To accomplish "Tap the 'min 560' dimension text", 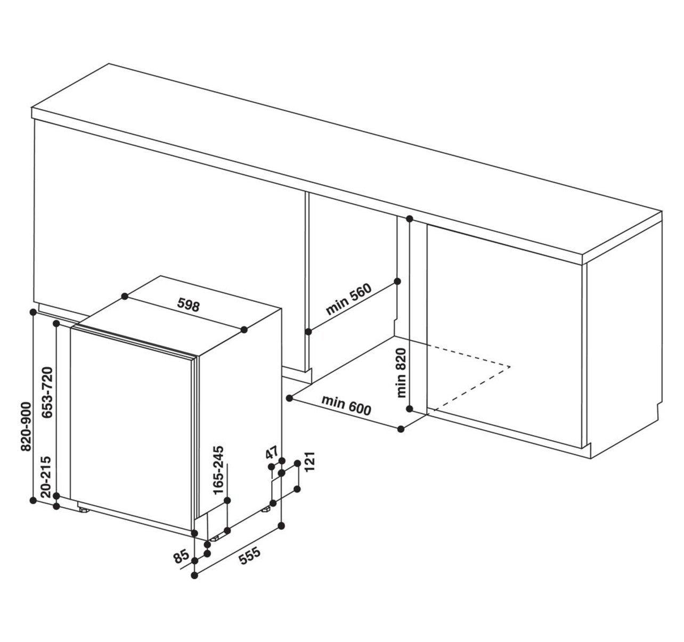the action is point(349,299).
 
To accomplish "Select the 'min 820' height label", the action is point(402,373).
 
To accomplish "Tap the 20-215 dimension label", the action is point(46,477).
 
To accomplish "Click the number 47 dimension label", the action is point(272,452).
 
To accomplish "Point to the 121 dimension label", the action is point(310,462).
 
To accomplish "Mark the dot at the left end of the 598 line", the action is point(125,296).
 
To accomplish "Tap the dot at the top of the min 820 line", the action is point(410,218).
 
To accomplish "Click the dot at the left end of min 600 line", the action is point(289,398).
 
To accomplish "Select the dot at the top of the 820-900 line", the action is point(33,312).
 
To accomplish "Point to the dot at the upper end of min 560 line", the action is point(397,281).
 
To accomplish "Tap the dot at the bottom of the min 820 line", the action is point(410,409).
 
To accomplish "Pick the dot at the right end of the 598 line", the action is point(244,330).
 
